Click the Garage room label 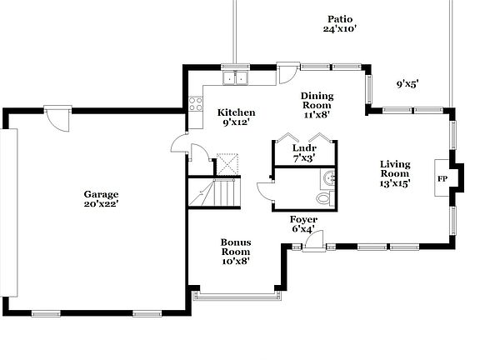point(100,194)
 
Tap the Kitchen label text point(236,112)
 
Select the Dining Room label point(316,101)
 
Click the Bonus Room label point(236,247)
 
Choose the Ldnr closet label point(303,147)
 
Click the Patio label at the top point(340,18)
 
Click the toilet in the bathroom point(324,198)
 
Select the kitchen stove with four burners point(196,104)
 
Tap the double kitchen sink point(237,78)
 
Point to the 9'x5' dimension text point(407,83)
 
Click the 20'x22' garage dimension point(100,204)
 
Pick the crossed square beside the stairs point(227,163)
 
